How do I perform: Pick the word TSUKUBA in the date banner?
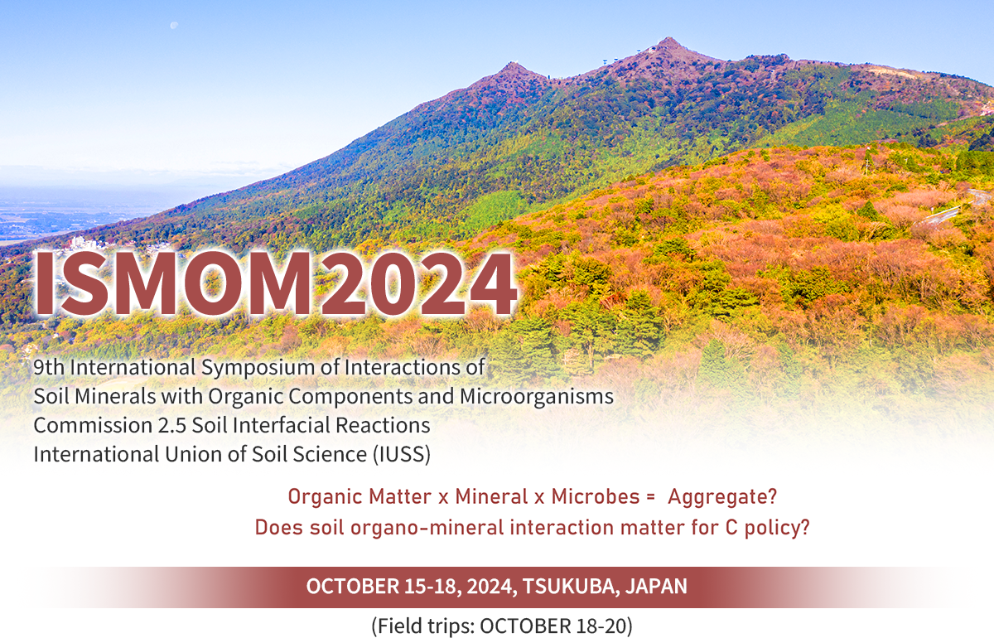pyautogui.click(x=569, y=587)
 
